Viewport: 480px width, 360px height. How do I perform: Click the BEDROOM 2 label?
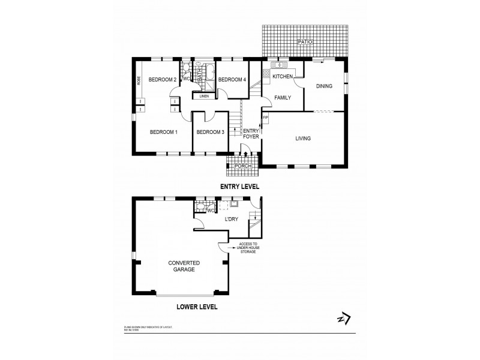[x=162, y=80]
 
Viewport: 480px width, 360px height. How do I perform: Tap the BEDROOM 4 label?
[x=231, y=80]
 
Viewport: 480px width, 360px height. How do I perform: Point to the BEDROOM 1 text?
[x=163, y=132]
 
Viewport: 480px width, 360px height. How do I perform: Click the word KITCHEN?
[x=283, y=77]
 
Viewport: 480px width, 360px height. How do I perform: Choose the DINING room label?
[x=324, y=86]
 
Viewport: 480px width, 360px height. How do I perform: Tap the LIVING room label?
[x=303, y=139]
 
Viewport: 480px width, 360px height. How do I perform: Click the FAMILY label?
[x=283, y=97]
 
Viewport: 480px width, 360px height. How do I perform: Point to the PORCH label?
[x=242, y=166]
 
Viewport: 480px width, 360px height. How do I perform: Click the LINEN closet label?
[x=203, y=96]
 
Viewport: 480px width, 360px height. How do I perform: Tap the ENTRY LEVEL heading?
[x=240, y=187]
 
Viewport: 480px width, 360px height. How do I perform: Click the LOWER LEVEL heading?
[x=197, y=307]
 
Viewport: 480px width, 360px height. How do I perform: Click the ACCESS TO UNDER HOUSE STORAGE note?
[x=248, y=248]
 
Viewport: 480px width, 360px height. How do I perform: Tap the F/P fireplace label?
[x=265, y=118]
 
